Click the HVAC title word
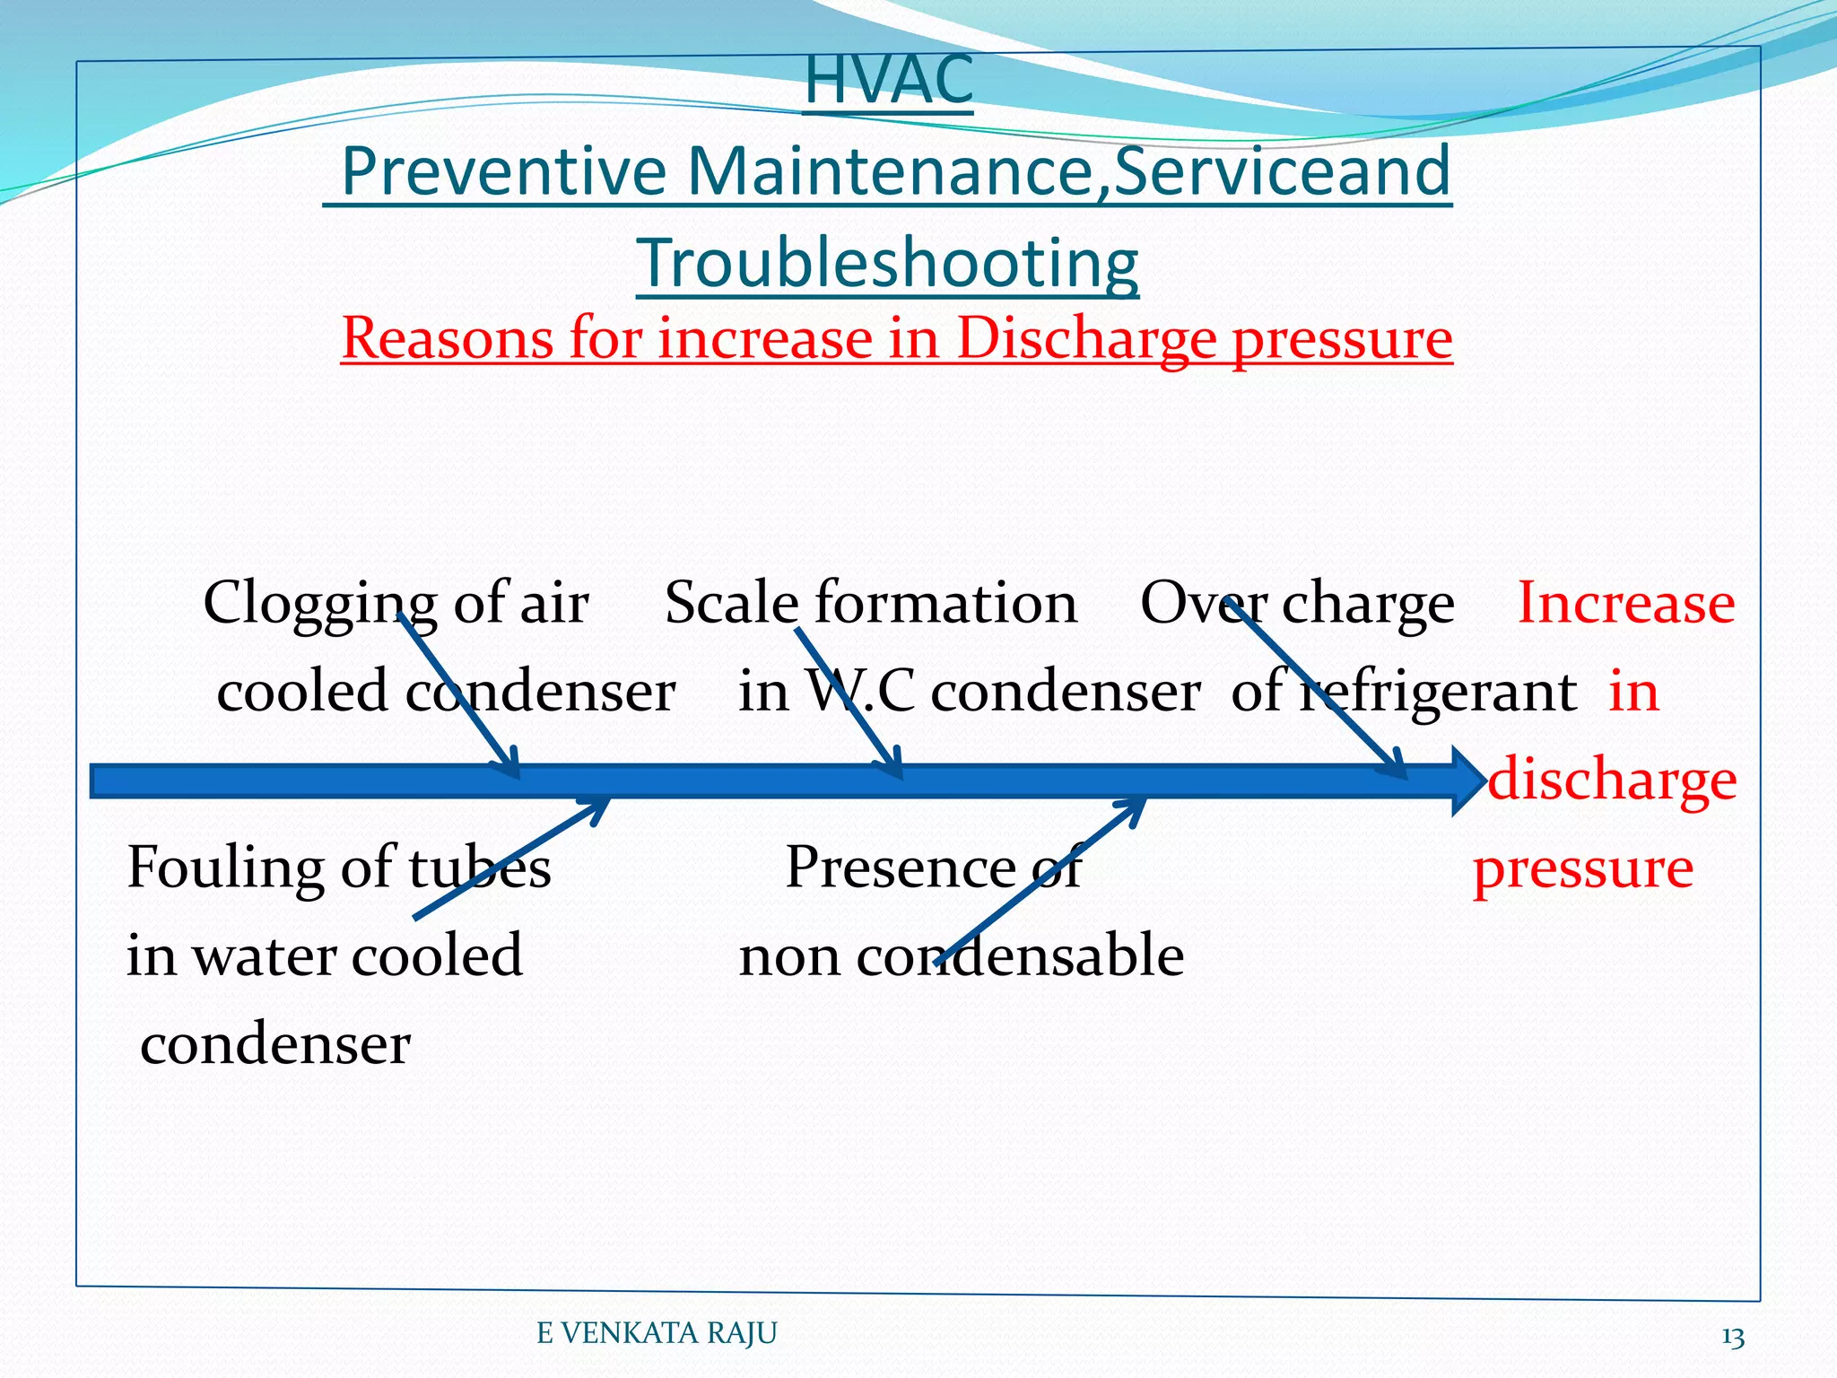coord(888,81)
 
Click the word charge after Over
coord(1368,603)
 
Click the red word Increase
coord(1625,603)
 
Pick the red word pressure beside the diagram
coord(1583,868)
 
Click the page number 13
coord(1732,1338)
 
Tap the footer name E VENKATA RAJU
coord(657,1334)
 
